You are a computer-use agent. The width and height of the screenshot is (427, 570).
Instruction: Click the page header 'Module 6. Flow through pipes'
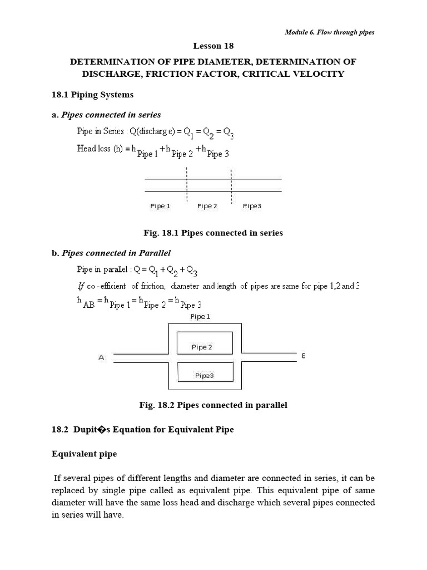pos(329,32)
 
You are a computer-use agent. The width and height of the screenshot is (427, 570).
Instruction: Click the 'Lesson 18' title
pos(213,47)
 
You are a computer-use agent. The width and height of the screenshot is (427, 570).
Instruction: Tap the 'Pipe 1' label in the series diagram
pos(160,206)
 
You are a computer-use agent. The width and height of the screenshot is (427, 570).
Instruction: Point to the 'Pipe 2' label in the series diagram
pos(207,206)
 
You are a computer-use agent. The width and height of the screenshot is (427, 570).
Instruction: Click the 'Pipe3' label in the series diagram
pos(252,206)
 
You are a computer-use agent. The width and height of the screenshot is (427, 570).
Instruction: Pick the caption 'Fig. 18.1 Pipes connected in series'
pos(213,233)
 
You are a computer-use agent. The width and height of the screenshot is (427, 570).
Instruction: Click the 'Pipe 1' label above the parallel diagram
pos(200,317)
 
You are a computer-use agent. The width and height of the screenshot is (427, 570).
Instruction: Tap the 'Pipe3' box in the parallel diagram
pos(204,375)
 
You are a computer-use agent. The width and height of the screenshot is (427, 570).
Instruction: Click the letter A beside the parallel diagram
pos(101,358)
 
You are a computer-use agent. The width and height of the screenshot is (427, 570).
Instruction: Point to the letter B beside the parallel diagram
pos(303,355)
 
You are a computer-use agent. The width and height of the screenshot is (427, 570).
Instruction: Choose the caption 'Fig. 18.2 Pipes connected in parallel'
pos(213,405)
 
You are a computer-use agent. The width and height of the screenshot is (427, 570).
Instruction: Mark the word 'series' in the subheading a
pos(148,115)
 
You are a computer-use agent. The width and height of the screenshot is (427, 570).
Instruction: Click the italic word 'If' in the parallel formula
pos(81,287)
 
